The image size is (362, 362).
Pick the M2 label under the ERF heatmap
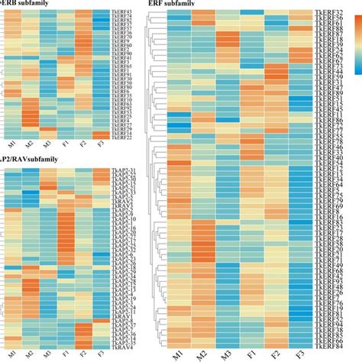point(203,354)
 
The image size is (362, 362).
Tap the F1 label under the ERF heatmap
point(250,354)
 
